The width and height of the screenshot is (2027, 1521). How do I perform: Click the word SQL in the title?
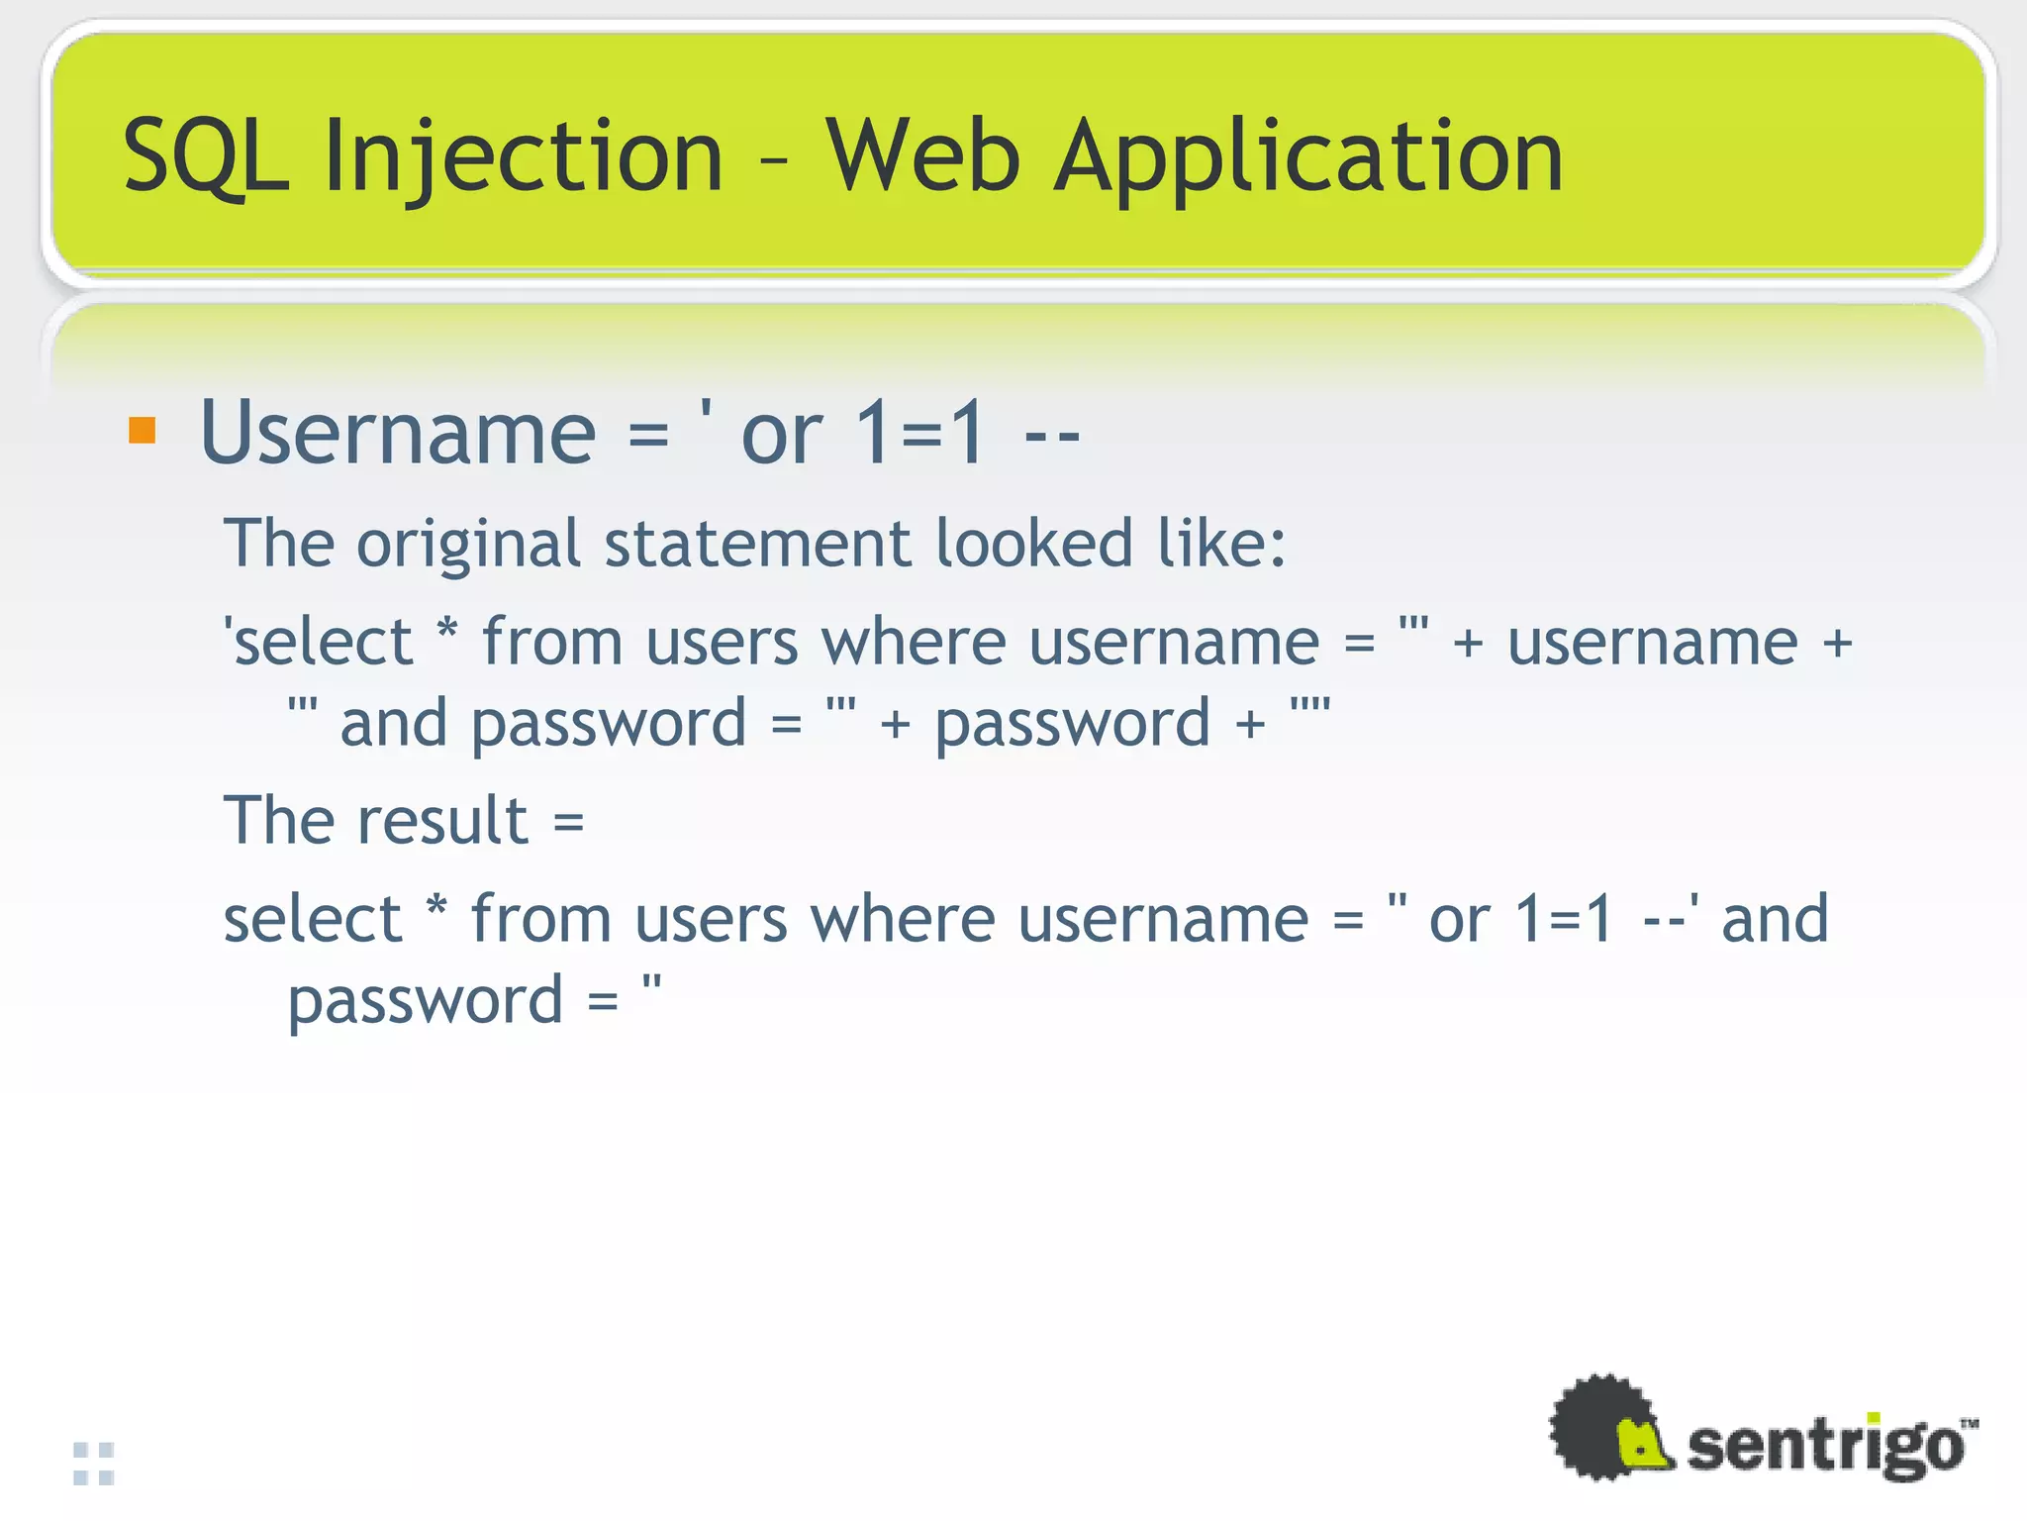(205, 156)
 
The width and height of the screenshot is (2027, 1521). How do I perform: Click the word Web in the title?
(922, 156)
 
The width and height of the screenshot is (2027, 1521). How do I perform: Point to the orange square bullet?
(143, 432)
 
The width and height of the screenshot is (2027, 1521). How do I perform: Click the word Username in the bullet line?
(397, 432)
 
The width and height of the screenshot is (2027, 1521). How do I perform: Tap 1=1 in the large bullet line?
(920, 432)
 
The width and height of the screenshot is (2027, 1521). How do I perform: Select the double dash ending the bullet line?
(1051, 436)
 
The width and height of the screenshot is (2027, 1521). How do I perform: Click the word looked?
(1033, 545)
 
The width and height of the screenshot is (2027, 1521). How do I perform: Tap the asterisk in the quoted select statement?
(447, 631)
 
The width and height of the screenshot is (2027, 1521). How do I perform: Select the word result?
(442, 821)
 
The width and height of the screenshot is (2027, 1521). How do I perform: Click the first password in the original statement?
(608, 724)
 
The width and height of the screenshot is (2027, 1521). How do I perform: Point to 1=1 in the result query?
(1564, 920)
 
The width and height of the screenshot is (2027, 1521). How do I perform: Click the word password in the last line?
(425, 1001)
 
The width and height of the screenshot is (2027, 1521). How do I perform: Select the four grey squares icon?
(94, 1464)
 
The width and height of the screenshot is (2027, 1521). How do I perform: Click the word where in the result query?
(902, 920)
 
